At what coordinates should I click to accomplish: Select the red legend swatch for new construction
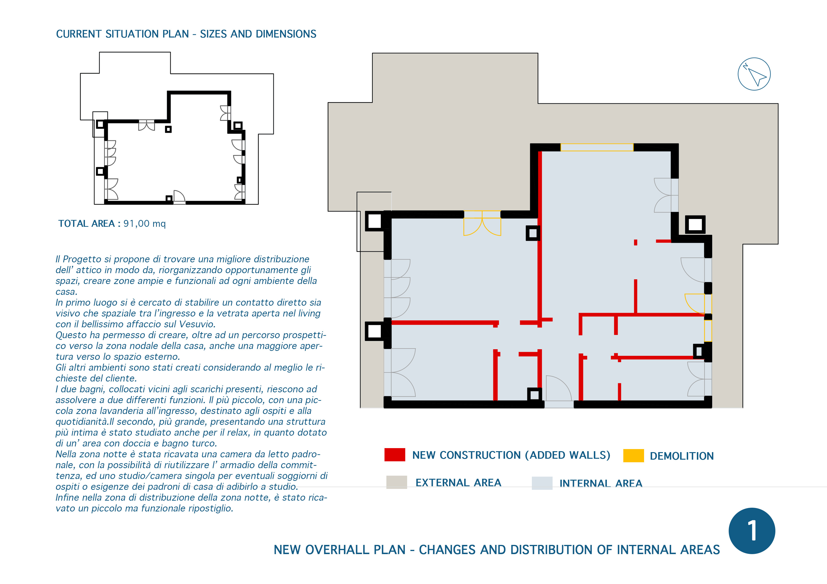[x=395, y=454]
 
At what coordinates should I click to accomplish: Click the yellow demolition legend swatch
[x=633, y=455]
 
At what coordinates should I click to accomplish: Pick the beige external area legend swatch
[x=397, y=482]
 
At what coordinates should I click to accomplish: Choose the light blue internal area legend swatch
[x=542, y=483]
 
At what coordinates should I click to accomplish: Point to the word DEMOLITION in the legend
[x=682, y=456]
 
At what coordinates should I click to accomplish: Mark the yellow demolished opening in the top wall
[x=597, y=147]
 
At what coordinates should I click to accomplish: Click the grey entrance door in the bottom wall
[x=559, y=389]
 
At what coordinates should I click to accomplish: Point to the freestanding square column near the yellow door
[x=533, y=233]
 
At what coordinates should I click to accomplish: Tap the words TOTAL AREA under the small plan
[x=87, y=223]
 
